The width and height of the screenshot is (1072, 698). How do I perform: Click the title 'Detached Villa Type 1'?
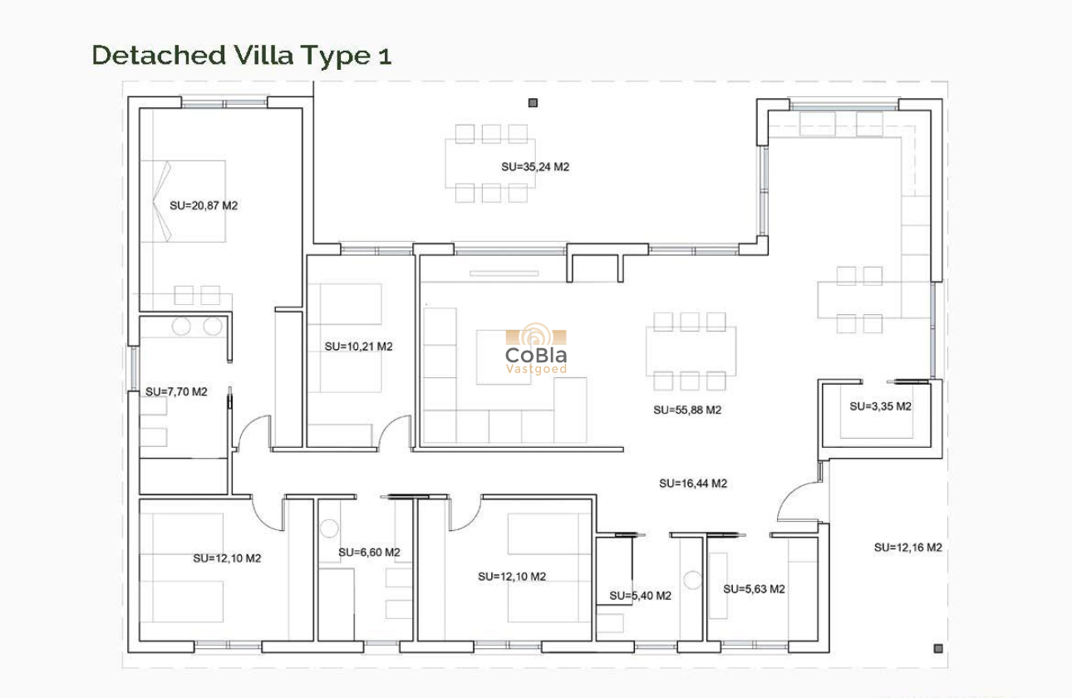pos(242,55)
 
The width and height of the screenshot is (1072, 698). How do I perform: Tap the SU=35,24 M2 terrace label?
pos(535,167)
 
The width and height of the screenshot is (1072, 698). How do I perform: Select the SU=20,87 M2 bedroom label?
pos(204,206)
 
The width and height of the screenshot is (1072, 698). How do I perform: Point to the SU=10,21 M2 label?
pos(358,347)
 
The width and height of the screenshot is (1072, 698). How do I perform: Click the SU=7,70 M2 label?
pos(176,392)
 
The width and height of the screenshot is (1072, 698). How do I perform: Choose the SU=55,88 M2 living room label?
pos(687,410)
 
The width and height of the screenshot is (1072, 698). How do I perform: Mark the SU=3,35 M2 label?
pos(880,406)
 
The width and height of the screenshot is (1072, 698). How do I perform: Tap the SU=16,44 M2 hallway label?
pos(693,484)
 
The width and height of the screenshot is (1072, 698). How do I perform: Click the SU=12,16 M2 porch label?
pos(907,548)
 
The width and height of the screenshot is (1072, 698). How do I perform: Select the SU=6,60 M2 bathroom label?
pos(369,553)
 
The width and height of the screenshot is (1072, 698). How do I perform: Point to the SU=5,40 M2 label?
pos(641,596)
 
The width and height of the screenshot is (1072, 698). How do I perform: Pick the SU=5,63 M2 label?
pos(754,589)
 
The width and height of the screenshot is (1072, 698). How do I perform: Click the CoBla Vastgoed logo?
pos(536,348)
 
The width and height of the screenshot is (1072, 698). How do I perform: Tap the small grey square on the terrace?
pos(533,103)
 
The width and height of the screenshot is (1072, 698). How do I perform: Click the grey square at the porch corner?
pos(938,649)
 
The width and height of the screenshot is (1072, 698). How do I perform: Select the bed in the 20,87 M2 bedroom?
pos(183,201)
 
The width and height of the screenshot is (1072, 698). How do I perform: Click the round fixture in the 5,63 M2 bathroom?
pos(692,580)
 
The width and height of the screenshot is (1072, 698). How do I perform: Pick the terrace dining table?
pos(490,163)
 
